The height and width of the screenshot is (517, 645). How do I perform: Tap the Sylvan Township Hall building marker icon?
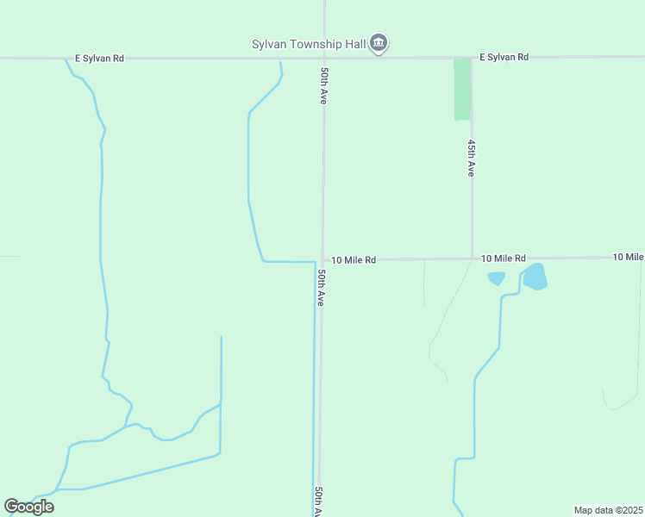(379, 43)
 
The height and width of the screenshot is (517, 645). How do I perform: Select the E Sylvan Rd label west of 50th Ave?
(99, 59)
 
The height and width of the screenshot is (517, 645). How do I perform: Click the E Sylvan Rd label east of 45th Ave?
(504, 57)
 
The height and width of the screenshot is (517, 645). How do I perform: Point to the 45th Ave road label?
(471, 158)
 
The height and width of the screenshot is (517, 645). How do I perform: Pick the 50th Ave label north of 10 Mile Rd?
(323, 86)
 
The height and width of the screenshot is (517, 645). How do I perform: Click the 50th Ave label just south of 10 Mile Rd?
(320, 288)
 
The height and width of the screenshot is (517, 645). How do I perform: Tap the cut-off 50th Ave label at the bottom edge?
(318, 501)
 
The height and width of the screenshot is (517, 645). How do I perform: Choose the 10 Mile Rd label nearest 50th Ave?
(354, 259)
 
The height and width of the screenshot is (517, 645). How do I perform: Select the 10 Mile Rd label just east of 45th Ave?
(504, 258)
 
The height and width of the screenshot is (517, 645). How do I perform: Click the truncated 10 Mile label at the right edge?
(629, 257)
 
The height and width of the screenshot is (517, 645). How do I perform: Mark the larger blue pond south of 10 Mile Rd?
(535, 277)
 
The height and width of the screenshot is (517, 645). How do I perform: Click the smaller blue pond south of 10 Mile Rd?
(496, 278)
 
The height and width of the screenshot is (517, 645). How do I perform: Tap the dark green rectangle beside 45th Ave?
(462, 90)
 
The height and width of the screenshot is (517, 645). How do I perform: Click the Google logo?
(29, 507)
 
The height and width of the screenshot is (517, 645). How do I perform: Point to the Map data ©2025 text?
(608, 510)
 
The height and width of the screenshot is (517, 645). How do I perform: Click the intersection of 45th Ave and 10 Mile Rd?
(472, 258)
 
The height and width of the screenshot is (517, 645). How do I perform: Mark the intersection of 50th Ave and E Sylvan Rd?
(324, 58)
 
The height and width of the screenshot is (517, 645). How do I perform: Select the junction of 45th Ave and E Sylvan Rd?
(472, 58)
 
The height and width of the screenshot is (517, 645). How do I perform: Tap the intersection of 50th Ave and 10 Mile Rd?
(322, 260)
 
